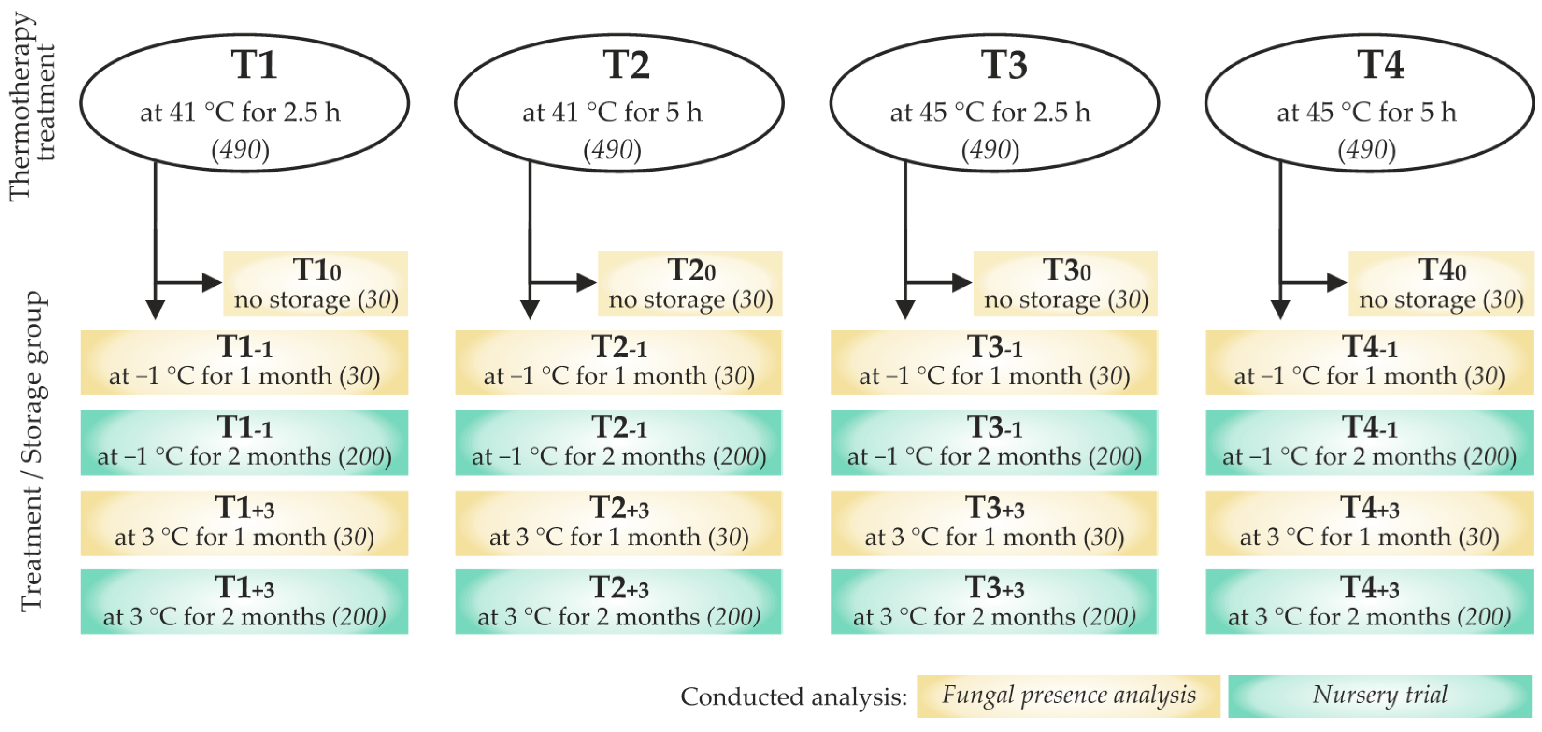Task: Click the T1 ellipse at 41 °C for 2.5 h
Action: tap(244, 103)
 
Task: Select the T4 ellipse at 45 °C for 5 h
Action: tap(1369, 103)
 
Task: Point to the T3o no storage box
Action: tap(1066, 284)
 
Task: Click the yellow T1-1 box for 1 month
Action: tap(244, 362)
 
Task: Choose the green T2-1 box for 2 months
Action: tap(618, 443)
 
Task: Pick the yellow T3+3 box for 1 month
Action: tap(994, 523)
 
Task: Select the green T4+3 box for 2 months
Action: tap(1369, 602)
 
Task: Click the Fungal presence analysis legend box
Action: tap(1069, 696)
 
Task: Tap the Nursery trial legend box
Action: tap(1380, 696)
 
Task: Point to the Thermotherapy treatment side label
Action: tap(31, 107)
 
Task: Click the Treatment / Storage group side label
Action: tap(33, 452)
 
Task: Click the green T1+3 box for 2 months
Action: tap(244, 602)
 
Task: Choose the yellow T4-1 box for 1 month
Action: tap(1369, 362)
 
